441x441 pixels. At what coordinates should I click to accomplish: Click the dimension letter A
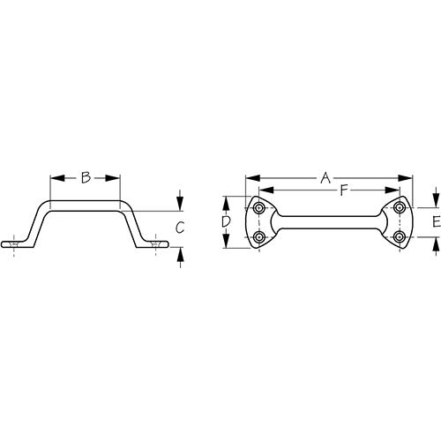pyautogui.click(x=326, y=178)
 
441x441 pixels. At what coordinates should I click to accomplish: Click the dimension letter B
pyautogui.click(x=86, y=178)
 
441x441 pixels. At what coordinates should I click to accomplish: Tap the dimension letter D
pyautogui.click(x=227, y=223)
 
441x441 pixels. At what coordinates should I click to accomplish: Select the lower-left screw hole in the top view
pyautogui.click(x=259, y=237)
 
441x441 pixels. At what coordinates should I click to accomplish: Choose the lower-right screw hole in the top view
pyautogui.click(x=400, y=237)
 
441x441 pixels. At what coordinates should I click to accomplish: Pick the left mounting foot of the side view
pyautogui.click(x=18, y=242)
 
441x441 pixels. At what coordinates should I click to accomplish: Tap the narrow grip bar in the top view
pyautogui.click(x=329, y=223)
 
